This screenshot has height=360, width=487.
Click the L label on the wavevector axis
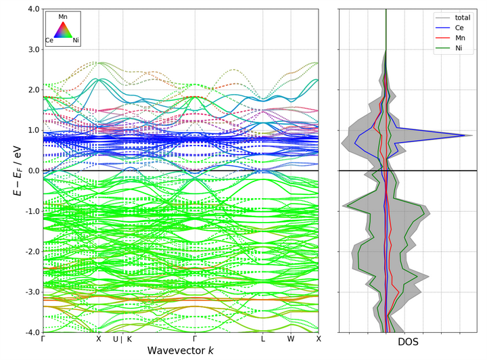point(263,340)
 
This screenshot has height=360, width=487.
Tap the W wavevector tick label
point(291,340)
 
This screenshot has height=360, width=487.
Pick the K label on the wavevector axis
point(129,340)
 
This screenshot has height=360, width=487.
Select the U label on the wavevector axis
point(115,340)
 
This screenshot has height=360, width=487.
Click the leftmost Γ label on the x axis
point(43,340)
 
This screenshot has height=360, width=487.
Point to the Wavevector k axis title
point(181,351)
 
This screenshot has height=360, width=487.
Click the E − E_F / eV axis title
point(16,171)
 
